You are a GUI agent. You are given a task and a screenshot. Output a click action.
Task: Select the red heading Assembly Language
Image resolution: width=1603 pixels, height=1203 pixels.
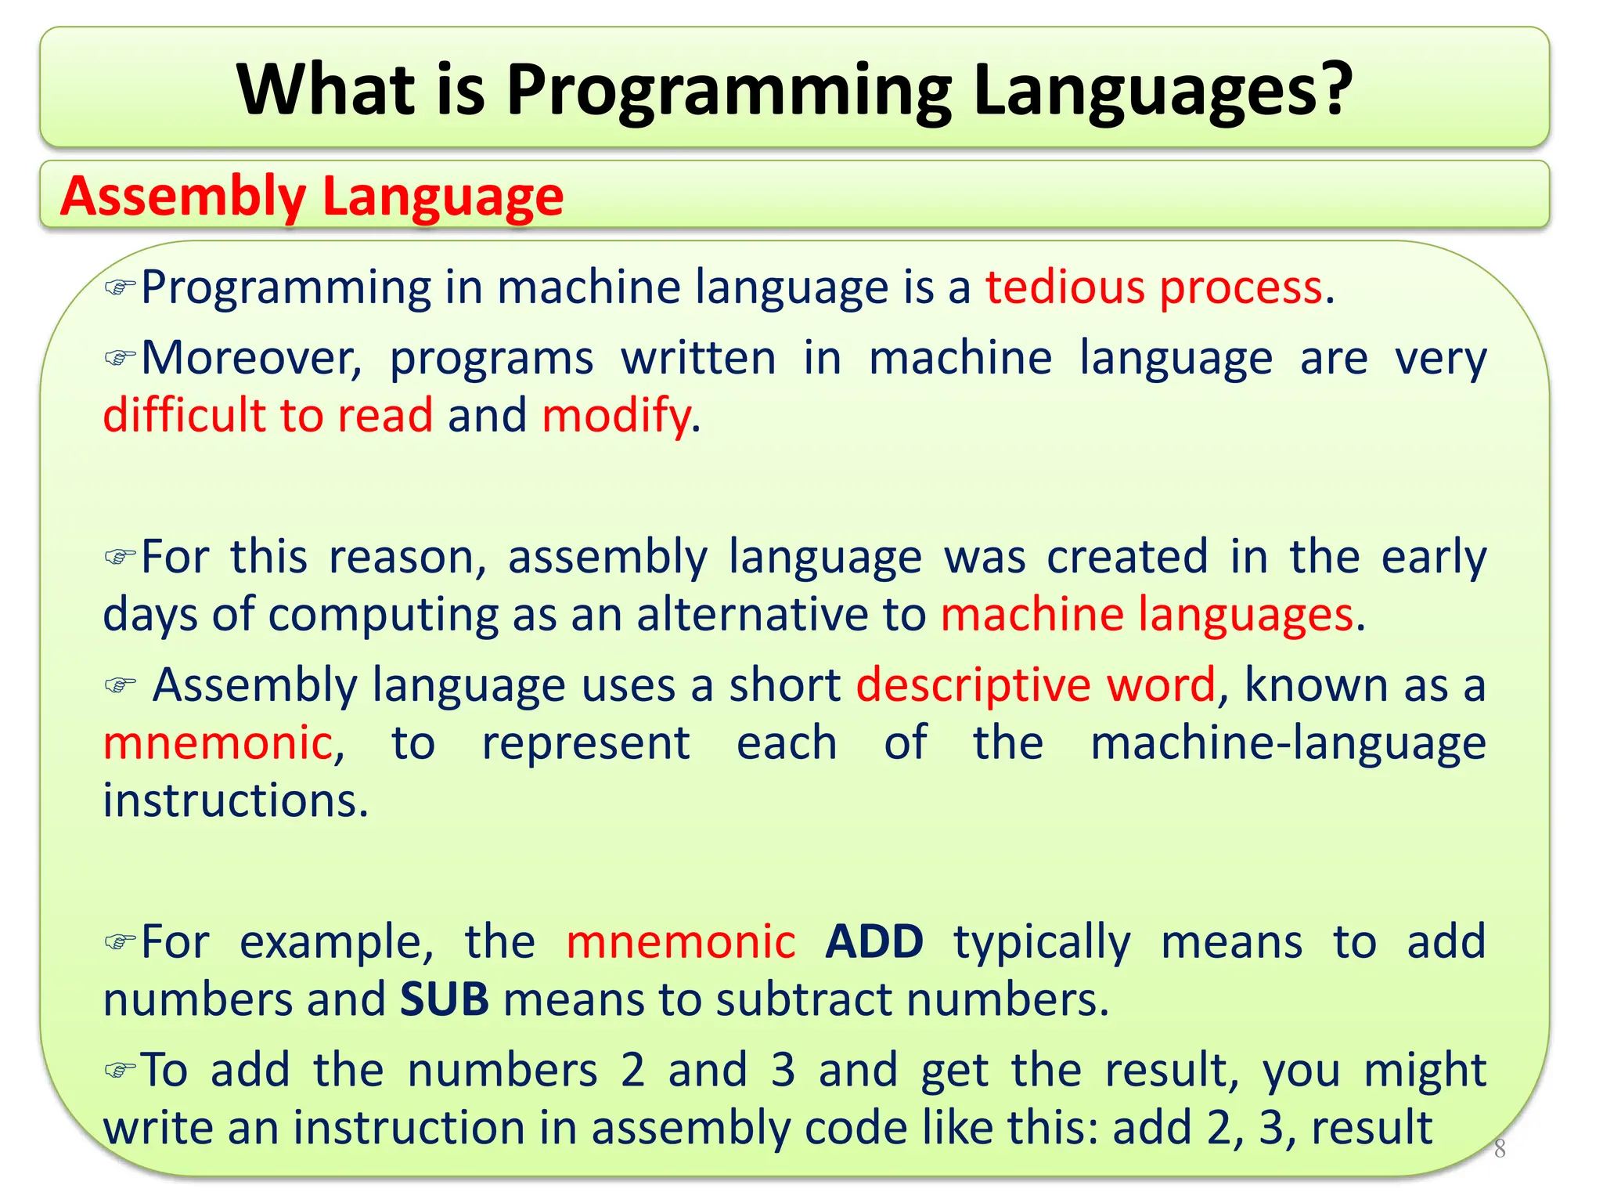click(312, 196)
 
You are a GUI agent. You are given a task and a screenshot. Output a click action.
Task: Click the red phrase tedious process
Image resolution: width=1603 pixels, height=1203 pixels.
click(1154, 287)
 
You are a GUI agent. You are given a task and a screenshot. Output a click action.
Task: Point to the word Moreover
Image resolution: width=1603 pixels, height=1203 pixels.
click(250, 359)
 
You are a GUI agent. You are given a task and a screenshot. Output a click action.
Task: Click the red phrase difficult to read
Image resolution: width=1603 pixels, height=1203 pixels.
click(268, 415)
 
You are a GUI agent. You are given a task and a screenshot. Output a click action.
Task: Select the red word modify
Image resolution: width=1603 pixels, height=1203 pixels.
click(616, 415)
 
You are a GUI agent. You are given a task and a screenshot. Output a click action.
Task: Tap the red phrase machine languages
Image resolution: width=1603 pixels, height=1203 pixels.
click(1147, 614)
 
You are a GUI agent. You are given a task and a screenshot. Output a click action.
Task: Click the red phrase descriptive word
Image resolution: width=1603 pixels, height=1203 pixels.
click(1036, 685)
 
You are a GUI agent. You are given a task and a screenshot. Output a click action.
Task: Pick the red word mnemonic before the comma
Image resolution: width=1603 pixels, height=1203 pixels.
click(218, 743)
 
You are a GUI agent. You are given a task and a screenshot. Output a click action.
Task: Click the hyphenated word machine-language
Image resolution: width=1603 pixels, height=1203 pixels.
click(1288, 743)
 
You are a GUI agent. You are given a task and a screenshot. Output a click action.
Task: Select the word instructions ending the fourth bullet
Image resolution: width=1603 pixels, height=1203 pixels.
click(235, 801)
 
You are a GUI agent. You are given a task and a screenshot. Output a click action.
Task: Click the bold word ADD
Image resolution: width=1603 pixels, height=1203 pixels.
click(874, 941)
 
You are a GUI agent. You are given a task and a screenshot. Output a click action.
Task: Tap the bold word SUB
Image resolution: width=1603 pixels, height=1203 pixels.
click(444, 1000)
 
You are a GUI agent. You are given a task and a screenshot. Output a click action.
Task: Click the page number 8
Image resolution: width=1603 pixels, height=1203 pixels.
click(1499, 1150)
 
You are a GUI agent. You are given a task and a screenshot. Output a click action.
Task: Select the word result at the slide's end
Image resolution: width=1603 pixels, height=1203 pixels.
click(1371, 1128)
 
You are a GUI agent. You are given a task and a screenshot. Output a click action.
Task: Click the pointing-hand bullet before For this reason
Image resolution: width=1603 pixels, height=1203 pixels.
click(120, 558)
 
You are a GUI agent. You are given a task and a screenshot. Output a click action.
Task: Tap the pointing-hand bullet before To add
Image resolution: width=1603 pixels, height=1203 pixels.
click(120, 1070)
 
